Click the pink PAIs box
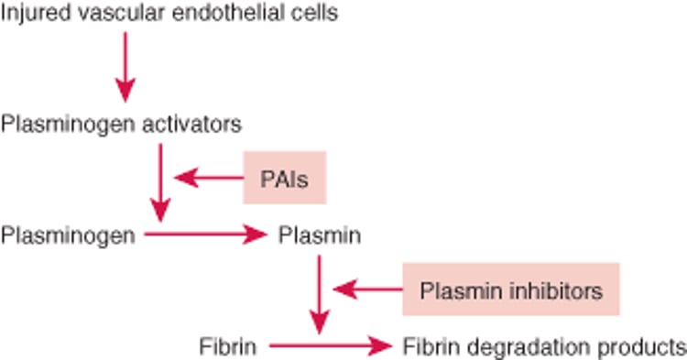pyautogui.click(x=284, y=177)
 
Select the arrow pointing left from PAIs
pyautogui.click(x=206, y=177)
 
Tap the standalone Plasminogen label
pyautogui.click(x=69, y=235)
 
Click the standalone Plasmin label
pyautogui.click(x=319, y=235)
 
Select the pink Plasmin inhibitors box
pyautogui.click(x=510, y=290)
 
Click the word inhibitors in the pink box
pyautogui.click(x=560, y=290)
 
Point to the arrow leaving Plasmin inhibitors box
pyautogui.click(x=366, y=290)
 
